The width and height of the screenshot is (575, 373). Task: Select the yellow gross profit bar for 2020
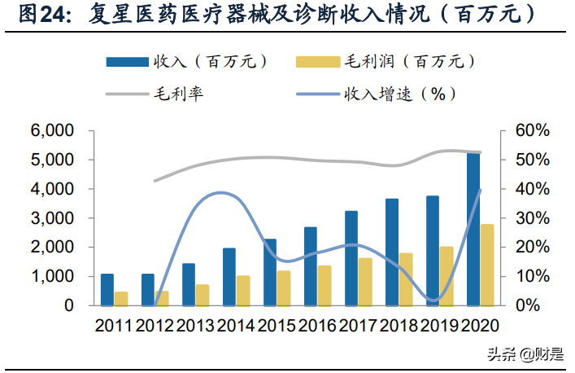[486, 265]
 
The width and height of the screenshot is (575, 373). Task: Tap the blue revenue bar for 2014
[229, 277]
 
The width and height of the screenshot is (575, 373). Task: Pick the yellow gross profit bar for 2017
[364, 282]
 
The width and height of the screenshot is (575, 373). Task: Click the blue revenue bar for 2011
[107, 290]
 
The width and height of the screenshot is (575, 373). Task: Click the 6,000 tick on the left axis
[52, 130]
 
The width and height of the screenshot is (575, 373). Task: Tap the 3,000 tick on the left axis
[52, 218]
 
